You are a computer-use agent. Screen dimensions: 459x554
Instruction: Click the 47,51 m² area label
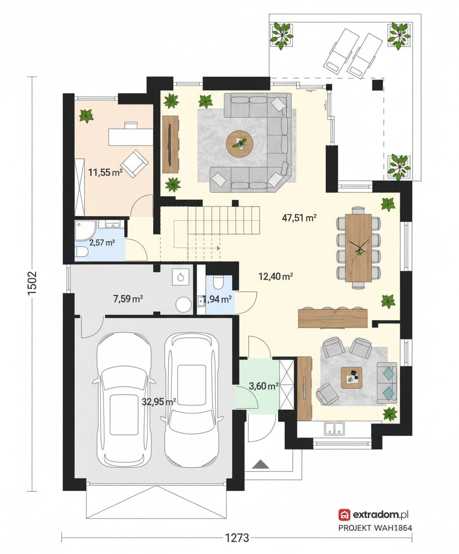coord(299,218)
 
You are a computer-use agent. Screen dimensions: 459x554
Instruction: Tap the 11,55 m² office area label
coord(105,173)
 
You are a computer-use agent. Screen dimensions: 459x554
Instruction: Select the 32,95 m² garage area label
coord(159,401)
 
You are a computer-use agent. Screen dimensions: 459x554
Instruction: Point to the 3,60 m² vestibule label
coord(263,386)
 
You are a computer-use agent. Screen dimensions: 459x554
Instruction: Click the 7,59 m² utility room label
coord(128,299)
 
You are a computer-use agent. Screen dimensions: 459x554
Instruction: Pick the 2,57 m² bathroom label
coord(102,243)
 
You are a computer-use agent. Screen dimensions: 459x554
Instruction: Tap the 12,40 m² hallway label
coord(275,277)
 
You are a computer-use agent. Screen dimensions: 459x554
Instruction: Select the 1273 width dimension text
coord(237,538)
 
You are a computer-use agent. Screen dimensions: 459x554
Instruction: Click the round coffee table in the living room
coord(239,143)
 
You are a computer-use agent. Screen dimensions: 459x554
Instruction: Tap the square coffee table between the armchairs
coord(351,378)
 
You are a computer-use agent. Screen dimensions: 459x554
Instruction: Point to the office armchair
coord(134,163)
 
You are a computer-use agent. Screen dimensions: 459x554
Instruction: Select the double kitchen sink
coord(334,428)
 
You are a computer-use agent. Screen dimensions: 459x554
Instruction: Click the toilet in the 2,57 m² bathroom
coord(82,252)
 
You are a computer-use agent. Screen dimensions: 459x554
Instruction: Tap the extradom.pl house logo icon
coord(344,515)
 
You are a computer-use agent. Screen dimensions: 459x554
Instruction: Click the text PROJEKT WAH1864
coord(375,528)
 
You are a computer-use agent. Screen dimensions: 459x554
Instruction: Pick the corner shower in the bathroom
coord(84,230)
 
